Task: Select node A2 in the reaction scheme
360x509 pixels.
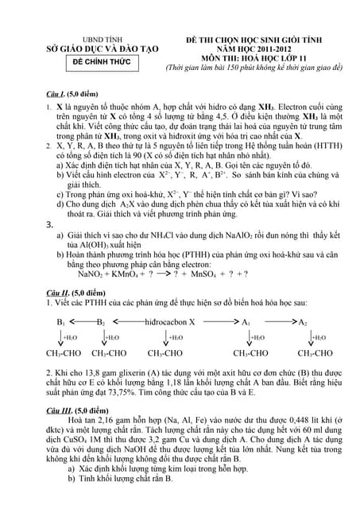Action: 303,322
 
